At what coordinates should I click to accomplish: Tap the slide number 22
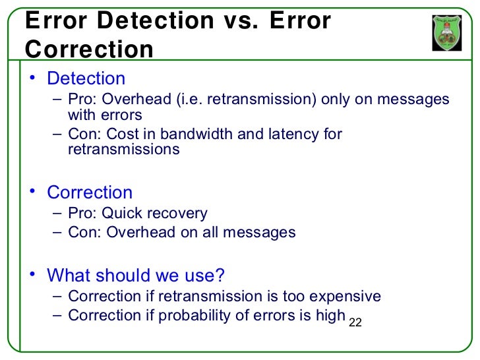click(x=355, y=322)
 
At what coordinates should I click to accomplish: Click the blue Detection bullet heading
click(x=86, y=78)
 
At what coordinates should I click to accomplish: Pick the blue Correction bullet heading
click(x=90, y=193)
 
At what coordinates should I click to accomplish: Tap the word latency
click(x=293, y=135)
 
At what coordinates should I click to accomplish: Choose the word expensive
click(x=346, y=296)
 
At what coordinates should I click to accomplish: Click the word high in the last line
click(x=330, y=315)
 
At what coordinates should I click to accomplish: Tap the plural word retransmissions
click(x=124, y=149)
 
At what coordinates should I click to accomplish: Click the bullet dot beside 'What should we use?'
click(x=30, y=274)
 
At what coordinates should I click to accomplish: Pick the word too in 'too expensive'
click(x=305, y=296)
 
